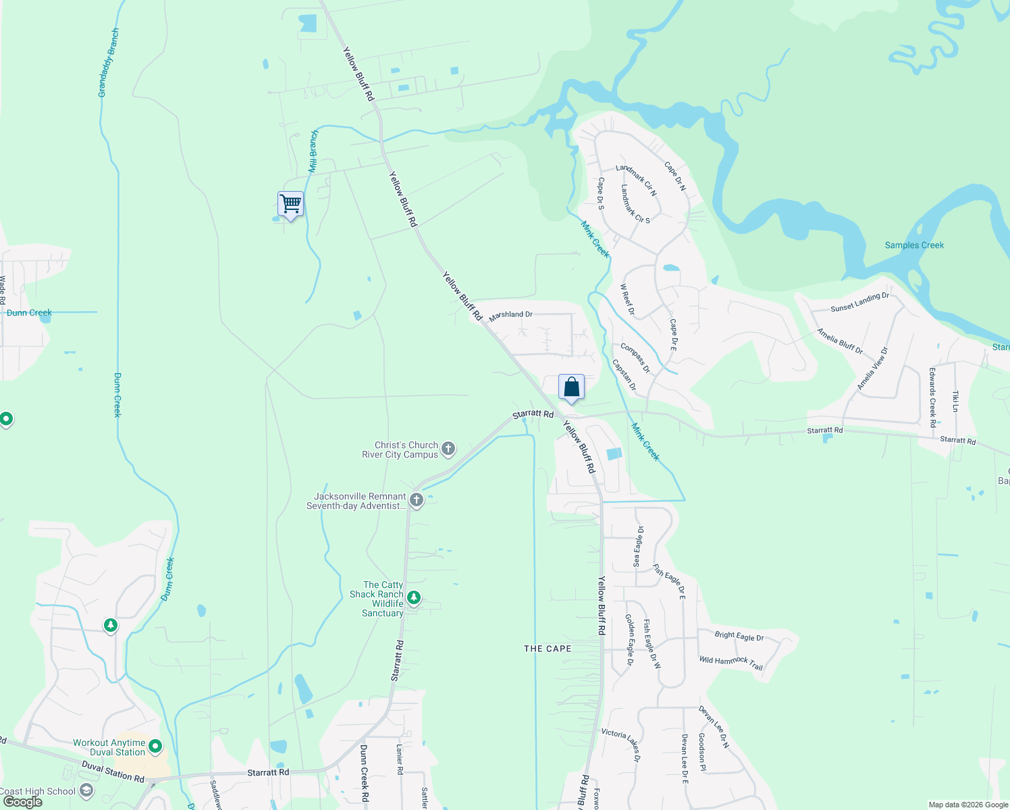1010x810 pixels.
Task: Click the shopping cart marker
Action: click(290, 204)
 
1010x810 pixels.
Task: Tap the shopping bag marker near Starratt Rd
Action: click(571, 388)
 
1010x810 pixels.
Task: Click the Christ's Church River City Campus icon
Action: click(448, 449)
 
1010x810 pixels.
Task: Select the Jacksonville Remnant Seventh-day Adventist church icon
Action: click(417, 500)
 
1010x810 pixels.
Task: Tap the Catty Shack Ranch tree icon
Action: click(414, 598)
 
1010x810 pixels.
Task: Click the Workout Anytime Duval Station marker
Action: click(155, 747)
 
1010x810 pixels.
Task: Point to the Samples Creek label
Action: click(914, 245)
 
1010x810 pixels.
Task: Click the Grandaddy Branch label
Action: click(109, 63)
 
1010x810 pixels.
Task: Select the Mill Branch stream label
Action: click(313, 151)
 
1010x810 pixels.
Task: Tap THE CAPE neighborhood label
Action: click(548, 649)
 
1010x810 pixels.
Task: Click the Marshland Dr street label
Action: click(510, 315)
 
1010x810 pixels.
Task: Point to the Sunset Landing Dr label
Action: click(859, 302)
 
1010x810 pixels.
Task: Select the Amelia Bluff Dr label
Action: click(840, 341)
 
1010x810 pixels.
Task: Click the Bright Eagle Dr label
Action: click(739, 636)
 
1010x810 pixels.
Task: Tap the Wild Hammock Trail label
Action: click(730, 663)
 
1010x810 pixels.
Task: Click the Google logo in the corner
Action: click(22, 802)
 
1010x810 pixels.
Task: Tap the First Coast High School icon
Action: click(86, 790)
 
